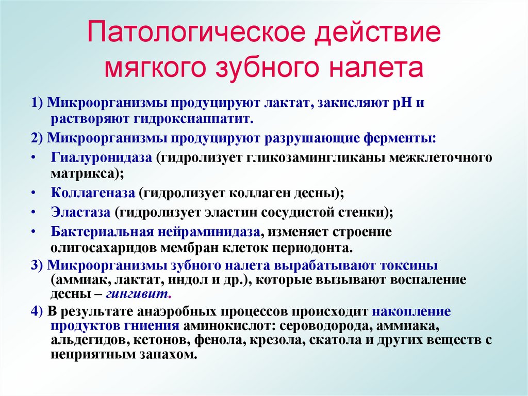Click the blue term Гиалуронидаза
coord(101,157)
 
